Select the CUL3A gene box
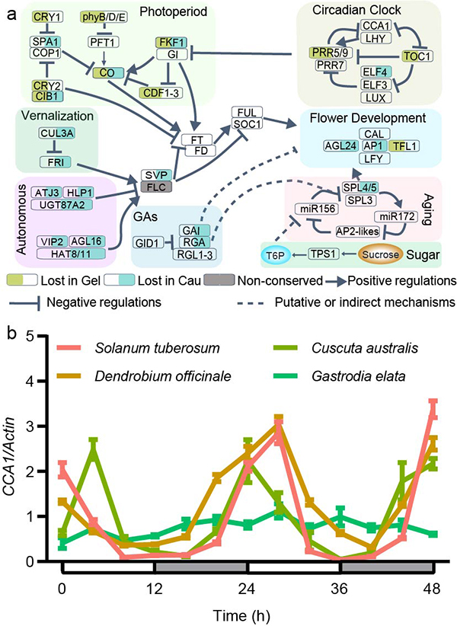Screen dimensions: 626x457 tap(58, 133)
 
